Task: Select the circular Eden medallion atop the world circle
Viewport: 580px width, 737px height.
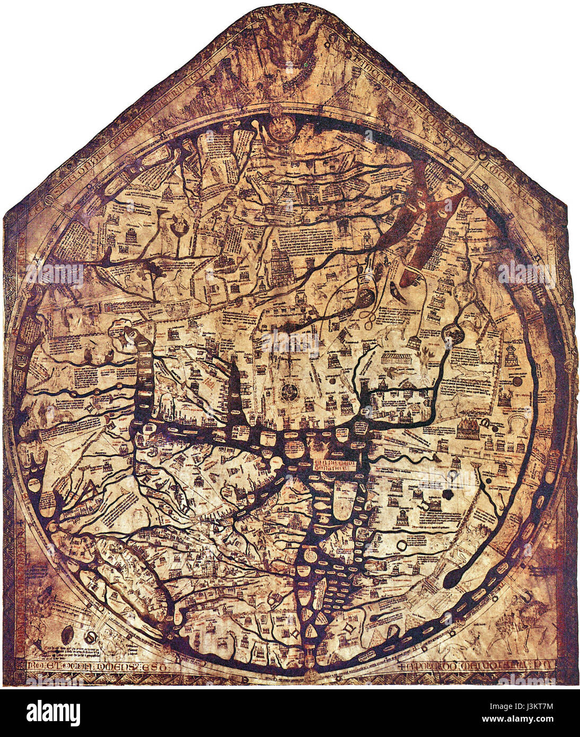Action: coord(283,127)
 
